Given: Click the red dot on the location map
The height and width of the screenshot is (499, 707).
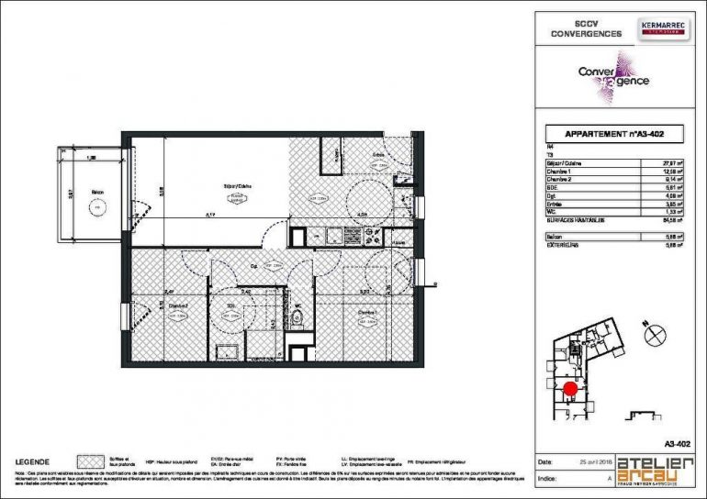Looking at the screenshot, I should point(569,389).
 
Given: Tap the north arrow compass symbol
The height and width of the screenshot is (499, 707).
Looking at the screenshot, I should point(655,336).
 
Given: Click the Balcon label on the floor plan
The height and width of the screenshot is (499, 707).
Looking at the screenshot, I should point(95,193).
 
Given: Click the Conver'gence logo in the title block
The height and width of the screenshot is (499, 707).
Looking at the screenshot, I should point(613,77).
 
